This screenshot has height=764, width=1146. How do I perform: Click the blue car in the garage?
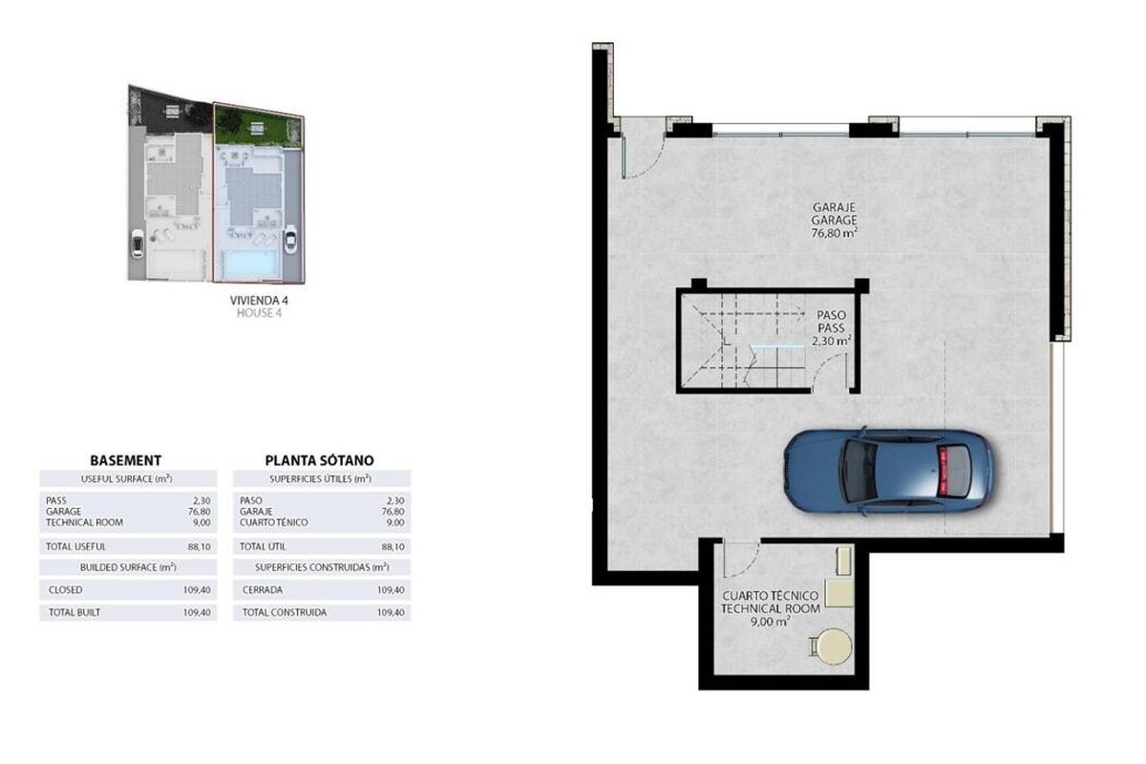click(x=889, y=472)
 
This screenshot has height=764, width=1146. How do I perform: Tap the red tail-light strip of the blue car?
click(x=943, y=472)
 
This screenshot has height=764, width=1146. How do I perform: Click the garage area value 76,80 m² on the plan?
click(x=835, y=233)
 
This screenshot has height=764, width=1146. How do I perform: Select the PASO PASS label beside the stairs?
click(x=831, y=322)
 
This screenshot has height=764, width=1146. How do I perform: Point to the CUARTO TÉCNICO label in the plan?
click(x=770, y=596)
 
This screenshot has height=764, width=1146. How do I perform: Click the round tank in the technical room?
click(x=834, y=647)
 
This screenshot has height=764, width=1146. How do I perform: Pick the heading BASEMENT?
click(x=126, y=460)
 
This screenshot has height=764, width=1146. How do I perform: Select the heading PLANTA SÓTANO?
click(x=319, y=460)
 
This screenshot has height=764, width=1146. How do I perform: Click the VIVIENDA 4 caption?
click(x=259, y=301)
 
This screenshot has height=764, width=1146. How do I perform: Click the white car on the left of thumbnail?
click(x=138, y=244)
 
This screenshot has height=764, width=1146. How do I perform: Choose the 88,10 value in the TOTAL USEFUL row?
click(x=199, y=546)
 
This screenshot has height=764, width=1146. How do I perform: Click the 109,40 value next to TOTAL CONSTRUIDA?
click(x=391, y=612)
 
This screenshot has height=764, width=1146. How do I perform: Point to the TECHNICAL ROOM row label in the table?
click(x=84, y=522)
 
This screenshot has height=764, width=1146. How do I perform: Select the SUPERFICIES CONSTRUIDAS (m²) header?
click(x=323, y=567)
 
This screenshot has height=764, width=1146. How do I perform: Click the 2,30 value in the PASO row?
click(x=395, y=500)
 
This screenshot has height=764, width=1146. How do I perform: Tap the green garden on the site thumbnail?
click(x=259, y=128)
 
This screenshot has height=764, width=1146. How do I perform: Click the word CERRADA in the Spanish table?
click(x=263, y=590)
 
